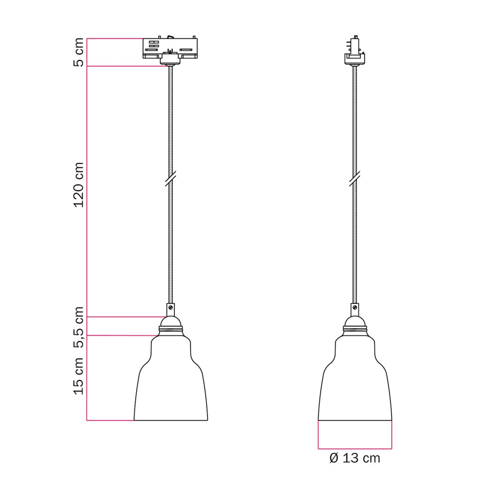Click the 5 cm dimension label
[79, 52]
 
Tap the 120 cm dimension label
[79, 185]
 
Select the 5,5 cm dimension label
[79, 327]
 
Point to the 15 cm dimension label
[79, 376]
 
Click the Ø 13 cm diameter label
[355, 458]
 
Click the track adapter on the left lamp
[170, 51]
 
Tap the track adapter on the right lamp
[355, 50]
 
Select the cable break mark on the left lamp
[171, 179]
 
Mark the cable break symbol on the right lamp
[355, 179]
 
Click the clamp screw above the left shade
[171, 307]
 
